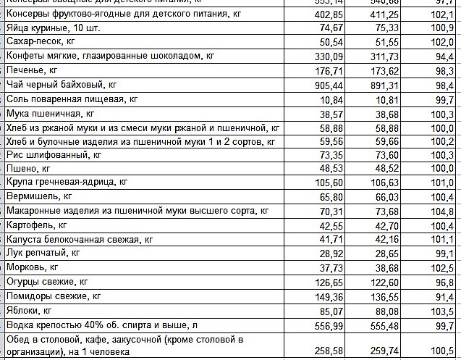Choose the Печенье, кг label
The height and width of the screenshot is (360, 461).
(32, 70)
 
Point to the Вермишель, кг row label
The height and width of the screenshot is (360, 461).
(39, 196)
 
